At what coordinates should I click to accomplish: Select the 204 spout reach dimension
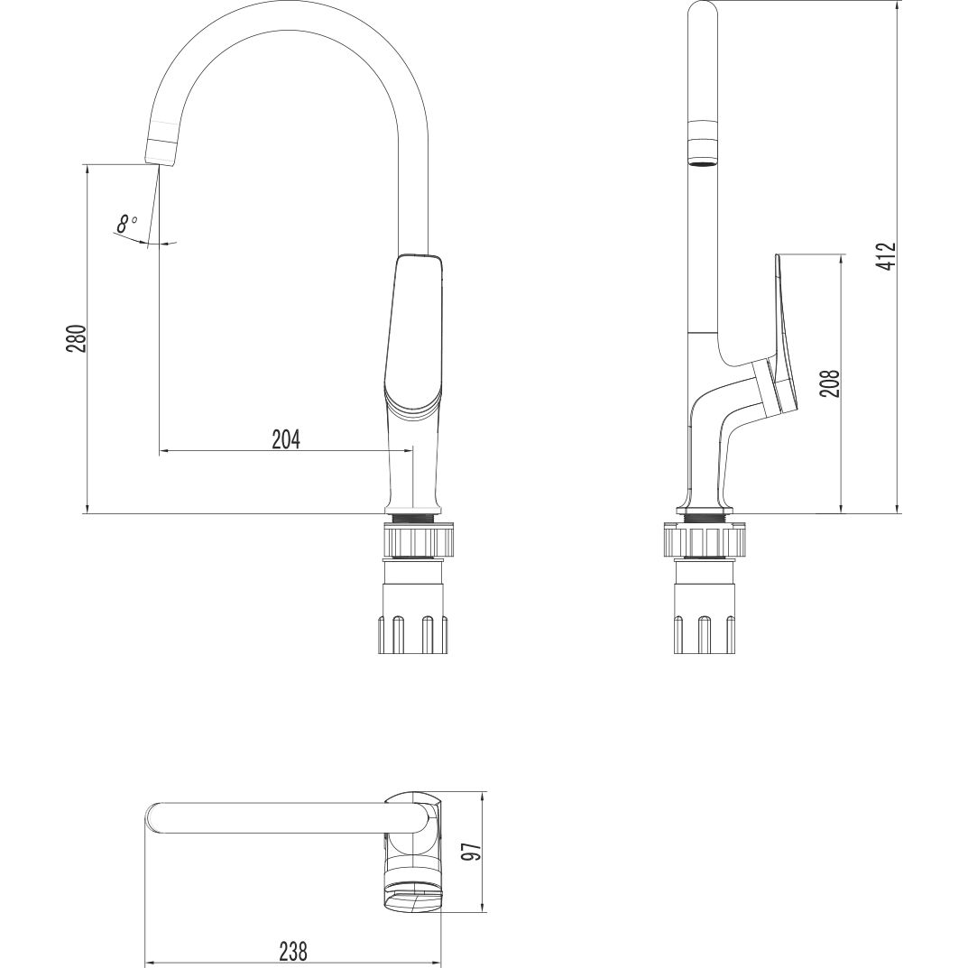[286, 439]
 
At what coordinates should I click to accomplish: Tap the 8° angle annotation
[127, 223]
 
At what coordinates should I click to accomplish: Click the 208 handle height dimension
[831, 383]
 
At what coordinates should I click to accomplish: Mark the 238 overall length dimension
[292, 951]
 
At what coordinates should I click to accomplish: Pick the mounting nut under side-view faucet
[705, 540]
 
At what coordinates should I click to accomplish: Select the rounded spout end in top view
[155, 818]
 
